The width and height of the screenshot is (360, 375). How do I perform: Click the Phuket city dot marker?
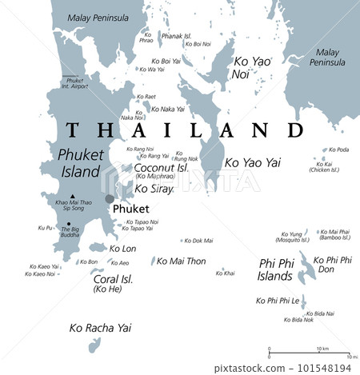[110, 199]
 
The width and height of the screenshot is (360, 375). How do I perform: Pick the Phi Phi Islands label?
[276, 269]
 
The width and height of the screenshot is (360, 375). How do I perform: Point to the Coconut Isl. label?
[160, 168]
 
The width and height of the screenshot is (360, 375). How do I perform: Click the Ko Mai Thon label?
[181, 261]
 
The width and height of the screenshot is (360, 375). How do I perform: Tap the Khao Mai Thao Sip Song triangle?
[73, 196]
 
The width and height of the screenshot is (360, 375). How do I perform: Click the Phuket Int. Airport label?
[74, 82]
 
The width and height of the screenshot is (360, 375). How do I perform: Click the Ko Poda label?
[338, 150]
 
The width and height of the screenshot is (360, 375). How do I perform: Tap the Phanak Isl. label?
[178, 35]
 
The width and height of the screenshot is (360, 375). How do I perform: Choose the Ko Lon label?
[122, 249]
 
